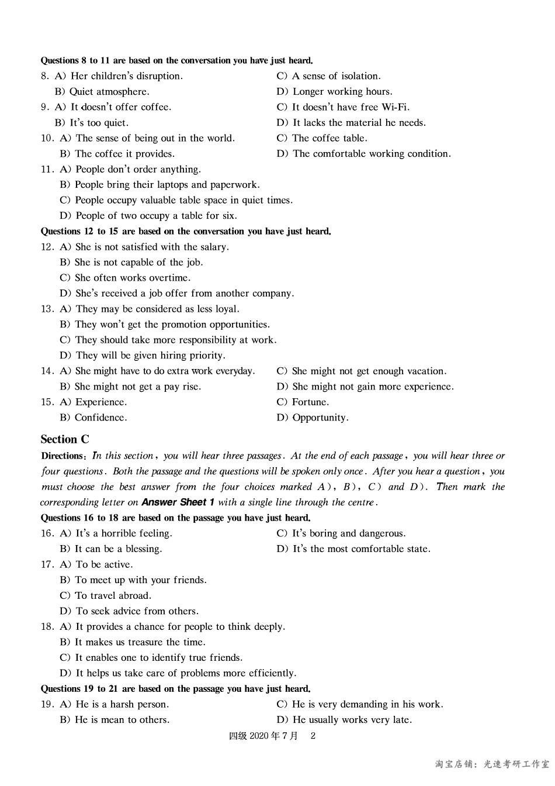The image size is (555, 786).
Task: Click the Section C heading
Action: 65,439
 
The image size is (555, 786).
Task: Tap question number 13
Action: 47,309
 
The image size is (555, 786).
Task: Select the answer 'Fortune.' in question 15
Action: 310,402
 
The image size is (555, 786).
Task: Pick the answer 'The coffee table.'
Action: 329,139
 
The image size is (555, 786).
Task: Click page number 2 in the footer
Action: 313,736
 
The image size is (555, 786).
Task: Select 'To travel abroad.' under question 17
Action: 113,596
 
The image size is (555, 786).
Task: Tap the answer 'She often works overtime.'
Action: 133,278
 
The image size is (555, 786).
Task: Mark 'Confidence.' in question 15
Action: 100,418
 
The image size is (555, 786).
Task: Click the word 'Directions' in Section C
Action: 64,456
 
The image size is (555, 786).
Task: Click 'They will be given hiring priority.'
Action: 150,356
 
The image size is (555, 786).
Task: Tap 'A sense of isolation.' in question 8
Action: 336,76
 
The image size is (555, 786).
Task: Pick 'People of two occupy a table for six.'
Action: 156,216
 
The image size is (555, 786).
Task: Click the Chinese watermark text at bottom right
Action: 492,764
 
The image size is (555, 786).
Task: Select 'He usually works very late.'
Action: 352,720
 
